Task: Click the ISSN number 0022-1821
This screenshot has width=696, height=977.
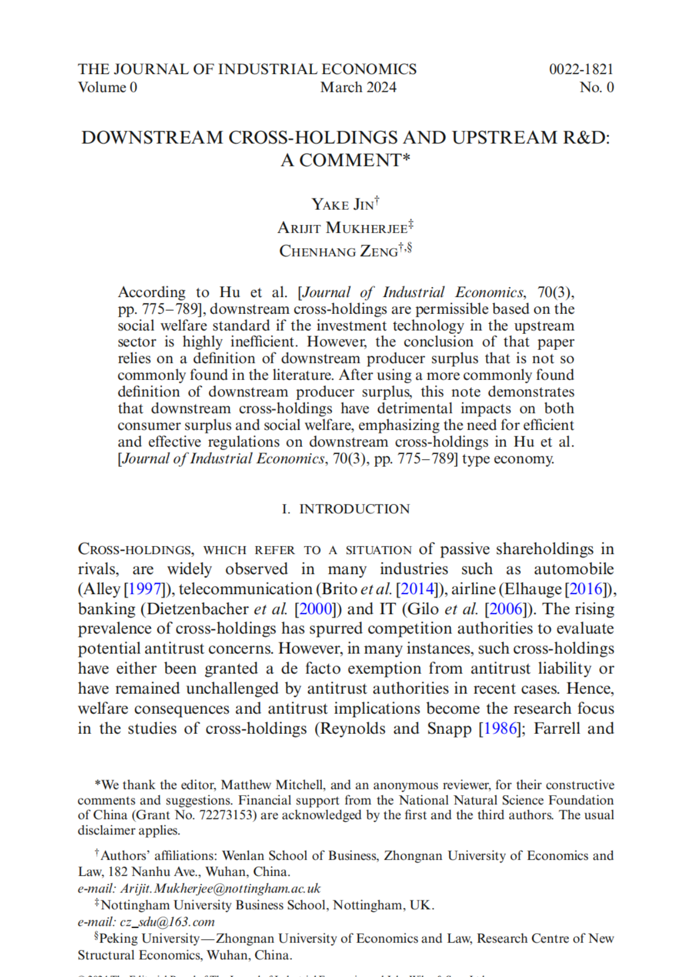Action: click(581, 70)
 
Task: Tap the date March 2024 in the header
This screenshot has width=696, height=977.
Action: click(358, 87)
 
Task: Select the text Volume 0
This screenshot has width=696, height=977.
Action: click(107, 87)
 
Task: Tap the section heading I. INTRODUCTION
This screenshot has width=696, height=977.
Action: click(346, 509)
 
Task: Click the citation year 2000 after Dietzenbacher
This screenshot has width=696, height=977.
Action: click(315, 609)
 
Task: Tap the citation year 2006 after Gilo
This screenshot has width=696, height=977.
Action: click(505, 609)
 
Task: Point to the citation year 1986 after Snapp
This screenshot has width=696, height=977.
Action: click(500, 729)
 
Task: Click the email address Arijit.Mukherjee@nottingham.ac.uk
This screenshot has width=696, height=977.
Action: click(221, 889)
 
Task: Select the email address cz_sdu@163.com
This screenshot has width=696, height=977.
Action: click(167, 922)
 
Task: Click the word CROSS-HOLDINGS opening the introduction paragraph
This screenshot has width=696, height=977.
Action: click(136, 550)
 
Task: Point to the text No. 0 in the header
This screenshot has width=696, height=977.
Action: click(596, 87)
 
